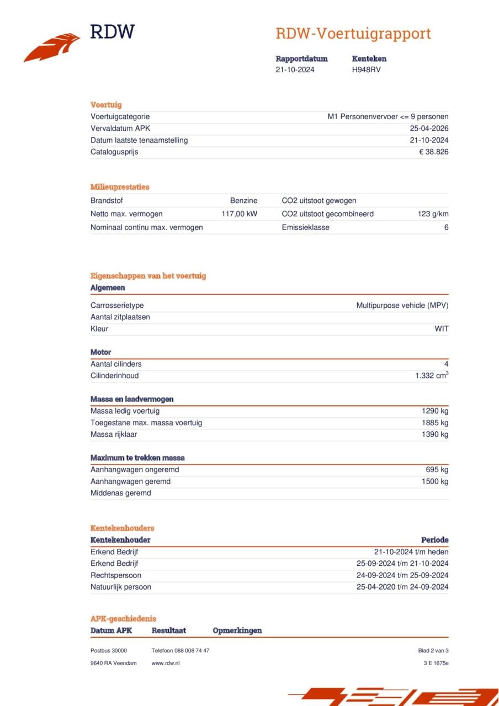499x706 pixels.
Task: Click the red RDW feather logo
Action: tap(52, 48)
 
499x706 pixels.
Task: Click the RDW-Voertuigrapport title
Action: tap(353, 34)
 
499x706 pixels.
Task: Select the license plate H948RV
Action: tap(366, 69)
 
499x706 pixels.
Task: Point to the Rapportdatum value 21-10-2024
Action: tap(295, 69)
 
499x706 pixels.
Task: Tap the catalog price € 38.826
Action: tap(433, 152)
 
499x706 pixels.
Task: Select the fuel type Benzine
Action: tap(243, 201)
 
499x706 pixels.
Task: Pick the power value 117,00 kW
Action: tap(239, 214)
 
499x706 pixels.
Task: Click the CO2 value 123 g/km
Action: tap(433, 214)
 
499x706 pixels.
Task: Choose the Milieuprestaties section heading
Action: tap(120, 187)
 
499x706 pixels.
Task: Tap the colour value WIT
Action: tap(441, 329)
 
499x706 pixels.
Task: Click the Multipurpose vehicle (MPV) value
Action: tap(402, 305)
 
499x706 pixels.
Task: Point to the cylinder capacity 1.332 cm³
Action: tap(432, 376)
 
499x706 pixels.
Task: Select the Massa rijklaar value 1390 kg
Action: tap(435, 435)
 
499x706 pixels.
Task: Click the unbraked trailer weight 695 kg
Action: tap(437, 470)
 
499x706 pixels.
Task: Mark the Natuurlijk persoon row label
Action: tap(120, 587)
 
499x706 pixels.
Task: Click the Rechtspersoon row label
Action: tap(115, 575)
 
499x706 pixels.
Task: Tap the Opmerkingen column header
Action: tap(237, 630)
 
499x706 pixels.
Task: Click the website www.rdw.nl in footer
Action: tap(165, 663)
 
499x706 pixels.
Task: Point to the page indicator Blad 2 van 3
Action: tap(433, 651)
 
